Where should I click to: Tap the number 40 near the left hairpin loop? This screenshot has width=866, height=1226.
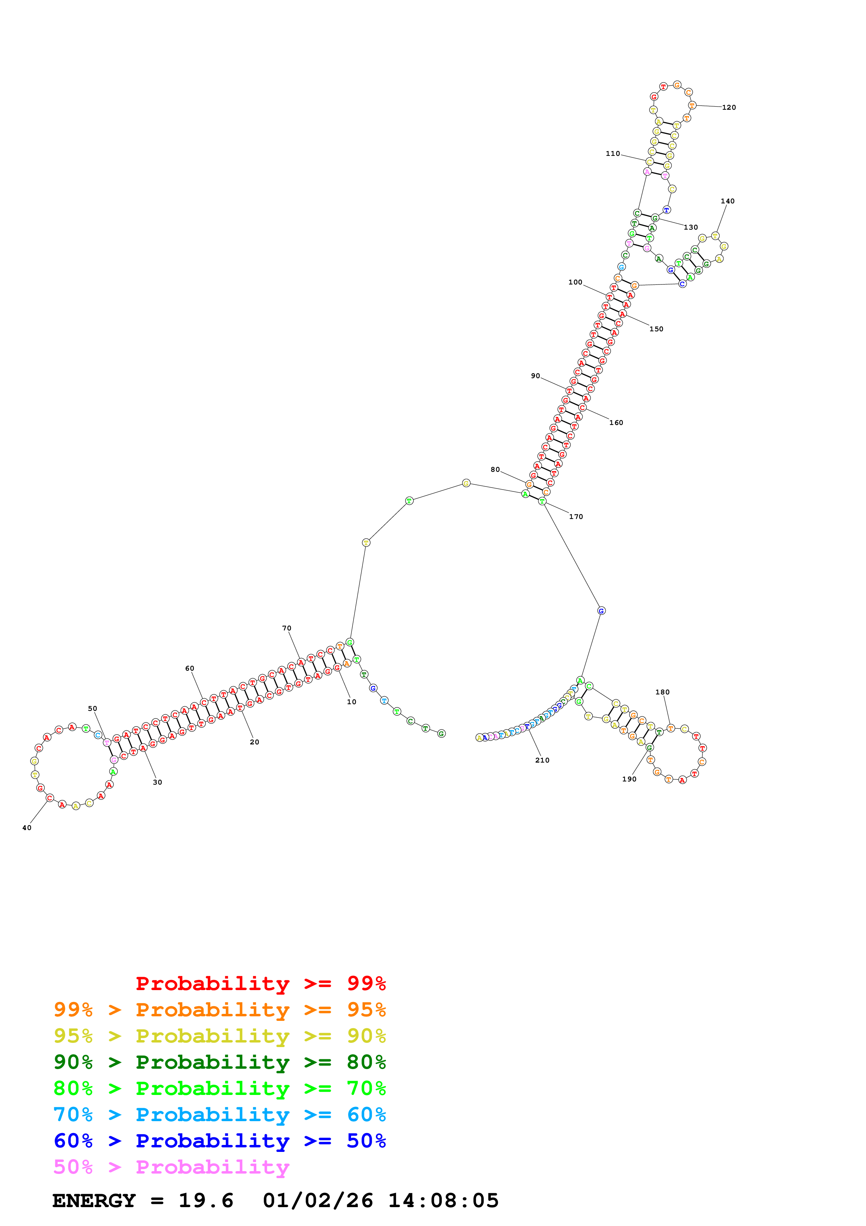click(27, 828)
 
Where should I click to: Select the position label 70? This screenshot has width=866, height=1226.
click(286, 628)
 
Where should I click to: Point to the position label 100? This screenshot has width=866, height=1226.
click(575, 282)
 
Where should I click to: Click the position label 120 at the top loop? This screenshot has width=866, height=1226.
click(729, 107)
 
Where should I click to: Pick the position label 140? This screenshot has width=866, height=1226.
click(727, 201)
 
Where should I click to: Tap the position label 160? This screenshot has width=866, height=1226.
click(616, 423)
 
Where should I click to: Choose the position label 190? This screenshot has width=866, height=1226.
click(629, 779)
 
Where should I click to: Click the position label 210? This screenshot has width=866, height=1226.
click(542, 760)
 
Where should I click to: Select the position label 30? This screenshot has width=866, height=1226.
click(158, 782)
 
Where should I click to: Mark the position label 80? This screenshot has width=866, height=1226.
click(495, 469)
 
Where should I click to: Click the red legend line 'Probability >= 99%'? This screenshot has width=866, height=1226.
click(260, 983)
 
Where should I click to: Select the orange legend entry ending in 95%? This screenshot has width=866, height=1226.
click(219, 1010)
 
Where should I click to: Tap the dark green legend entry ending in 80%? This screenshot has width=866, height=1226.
click(219, 1062)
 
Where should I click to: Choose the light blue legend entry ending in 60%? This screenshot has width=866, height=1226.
click(219, 1115)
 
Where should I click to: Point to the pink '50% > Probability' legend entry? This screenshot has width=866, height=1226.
click(171, 1167)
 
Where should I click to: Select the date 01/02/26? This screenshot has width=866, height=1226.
click(318, 1200)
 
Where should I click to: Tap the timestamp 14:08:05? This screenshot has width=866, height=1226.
click(443, 1200)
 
